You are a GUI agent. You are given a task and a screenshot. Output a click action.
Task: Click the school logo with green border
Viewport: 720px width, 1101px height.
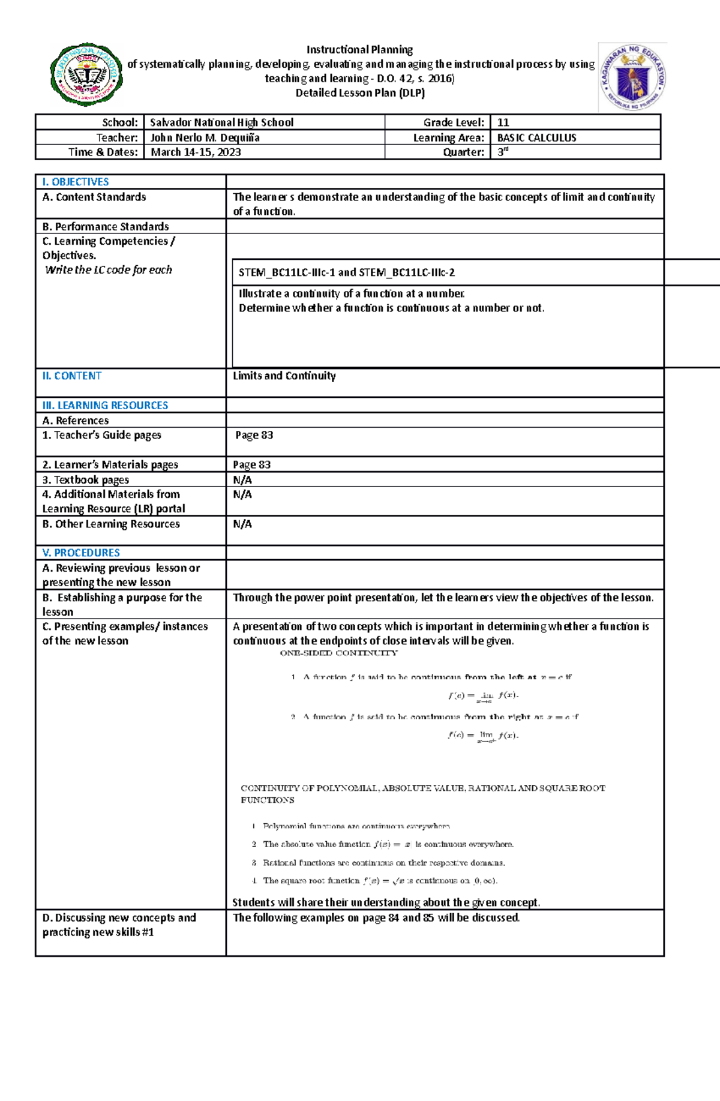click(87, 74)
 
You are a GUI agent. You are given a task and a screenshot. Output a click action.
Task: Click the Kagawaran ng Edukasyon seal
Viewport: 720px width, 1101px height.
click(632, 77)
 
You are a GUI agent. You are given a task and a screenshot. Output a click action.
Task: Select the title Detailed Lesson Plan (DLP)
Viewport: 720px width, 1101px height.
click(360, 93)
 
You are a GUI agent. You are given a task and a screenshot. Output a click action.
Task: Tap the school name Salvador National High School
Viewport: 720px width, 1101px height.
click(221, 122)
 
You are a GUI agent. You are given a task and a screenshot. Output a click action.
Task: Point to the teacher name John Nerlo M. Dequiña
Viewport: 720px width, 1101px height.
click(205, 137)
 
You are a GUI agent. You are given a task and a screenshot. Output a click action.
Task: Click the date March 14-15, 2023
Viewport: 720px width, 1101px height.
click(196, 152)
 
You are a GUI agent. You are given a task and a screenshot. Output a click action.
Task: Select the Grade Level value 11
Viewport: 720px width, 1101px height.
click(503, 122)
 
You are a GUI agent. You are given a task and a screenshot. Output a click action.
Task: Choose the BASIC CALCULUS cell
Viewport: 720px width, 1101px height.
click(536, 137)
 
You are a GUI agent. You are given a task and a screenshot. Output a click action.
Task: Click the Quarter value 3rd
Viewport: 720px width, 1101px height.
click(503, 152)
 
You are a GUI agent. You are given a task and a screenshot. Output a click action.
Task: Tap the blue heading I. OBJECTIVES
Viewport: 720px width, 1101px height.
click(76, 182)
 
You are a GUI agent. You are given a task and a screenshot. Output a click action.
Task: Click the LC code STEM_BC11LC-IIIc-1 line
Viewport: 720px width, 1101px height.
click(346, 272)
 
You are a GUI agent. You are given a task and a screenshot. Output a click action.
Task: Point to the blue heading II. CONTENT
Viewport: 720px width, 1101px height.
click(72, 376)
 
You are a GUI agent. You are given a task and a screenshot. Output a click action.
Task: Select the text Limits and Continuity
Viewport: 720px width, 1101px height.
click(284, 376)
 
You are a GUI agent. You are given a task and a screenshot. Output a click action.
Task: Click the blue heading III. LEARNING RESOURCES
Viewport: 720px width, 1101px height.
click(105, 406)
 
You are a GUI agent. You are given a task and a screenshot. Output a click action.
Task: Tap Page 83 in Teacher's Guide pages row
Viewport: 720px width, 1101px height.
click(254, 435)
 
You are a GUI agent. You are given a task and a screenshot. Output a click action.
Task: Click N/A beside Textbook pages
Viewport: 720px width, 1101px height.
click(242, 480)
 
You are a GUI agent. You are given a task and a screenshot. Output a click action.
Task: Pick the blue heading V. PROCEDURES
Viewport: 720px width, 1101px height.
click(81, 553)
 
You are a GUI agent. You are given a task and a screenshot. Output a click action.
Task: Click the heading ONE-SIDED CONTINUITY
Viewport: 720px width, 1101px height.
click(338, 653)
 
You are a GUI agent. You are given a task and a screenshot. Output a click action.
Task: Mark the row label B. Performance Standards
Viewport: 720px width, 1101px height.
click(106, 227)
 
